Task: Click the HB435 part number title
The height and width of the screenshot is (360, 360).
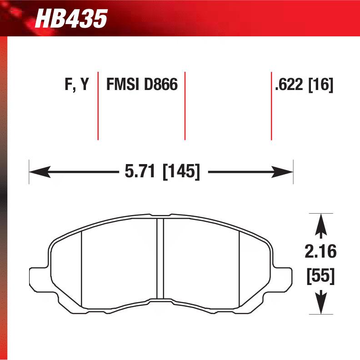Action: (x=71, y=19)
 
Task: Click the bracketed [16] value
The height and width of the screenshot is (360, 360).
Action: (x=321, y=85)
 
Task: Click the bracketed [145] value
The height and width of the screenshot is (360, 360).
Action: (x=181, y=172)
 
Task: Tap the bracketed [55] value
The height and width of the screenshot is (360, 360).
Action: (x=321, y=276)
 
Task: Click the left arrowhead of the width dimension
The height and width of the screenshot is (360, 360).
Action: (x=38, y=172)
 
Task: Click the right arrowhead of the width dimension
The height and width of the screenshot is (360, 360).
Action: (x=285, y=172)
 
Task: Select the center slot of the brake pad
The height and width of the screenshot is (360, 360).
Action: (x=160, y=259)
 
